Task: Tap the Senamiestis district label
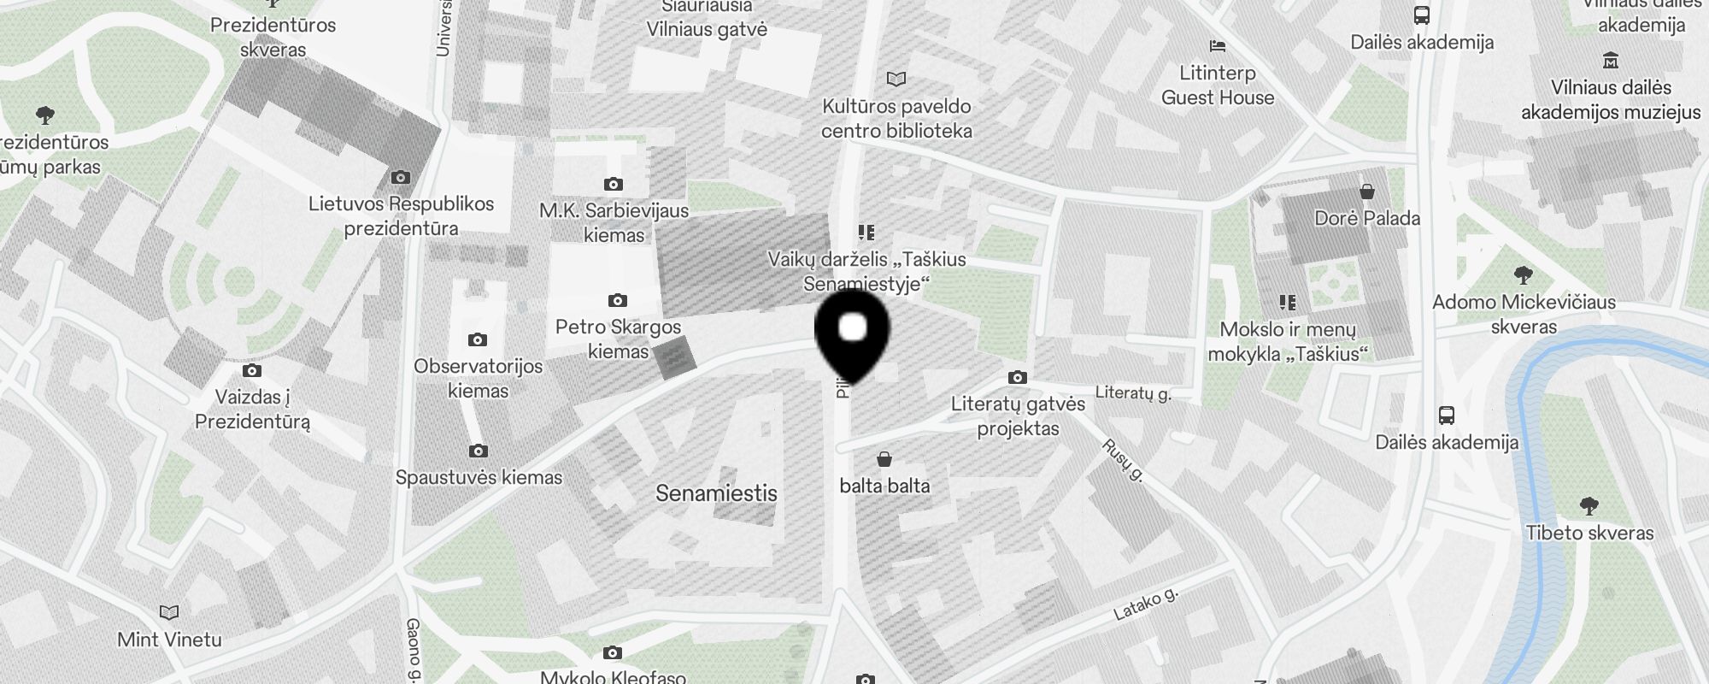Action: [x=716, y=493]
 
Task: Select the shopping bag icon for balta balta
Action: [x=884, y=460]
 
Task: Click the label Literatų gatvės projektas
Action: [x=1018, y=416]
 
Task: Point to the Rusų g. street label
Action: [x=1123, y=460]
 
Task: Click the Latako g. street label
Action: [x=1146, y=604]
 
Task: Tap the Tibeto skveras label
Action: [x=1589, y=533]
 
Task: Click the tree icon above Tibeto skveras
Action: [x=1589, y=505]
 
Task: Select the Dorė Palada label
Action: [x=1367, y=218]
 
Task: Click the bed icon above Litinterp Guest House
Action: [x=1218, y=45]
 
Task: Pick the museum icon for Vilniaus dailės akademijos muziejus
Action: [x=1611, y=61]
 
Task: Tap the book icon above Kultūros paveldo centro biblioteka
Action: [x=896, y=80]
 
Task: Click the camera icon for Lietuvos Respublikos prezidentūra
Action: [x=400, y=178]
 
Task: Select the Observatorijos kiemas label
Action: [x=479, y=378]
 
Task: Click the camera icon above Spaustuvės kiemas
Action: [x=479, y=451]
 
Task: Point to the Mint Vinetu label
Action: [x=169, y=640]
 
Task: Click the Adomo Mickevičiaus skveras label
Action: [x=1524, y=314]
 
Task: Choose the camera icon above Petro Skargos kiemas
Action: [x=618, y=300]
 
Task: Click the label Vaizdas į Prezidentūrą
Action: [x=252, y=409]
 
